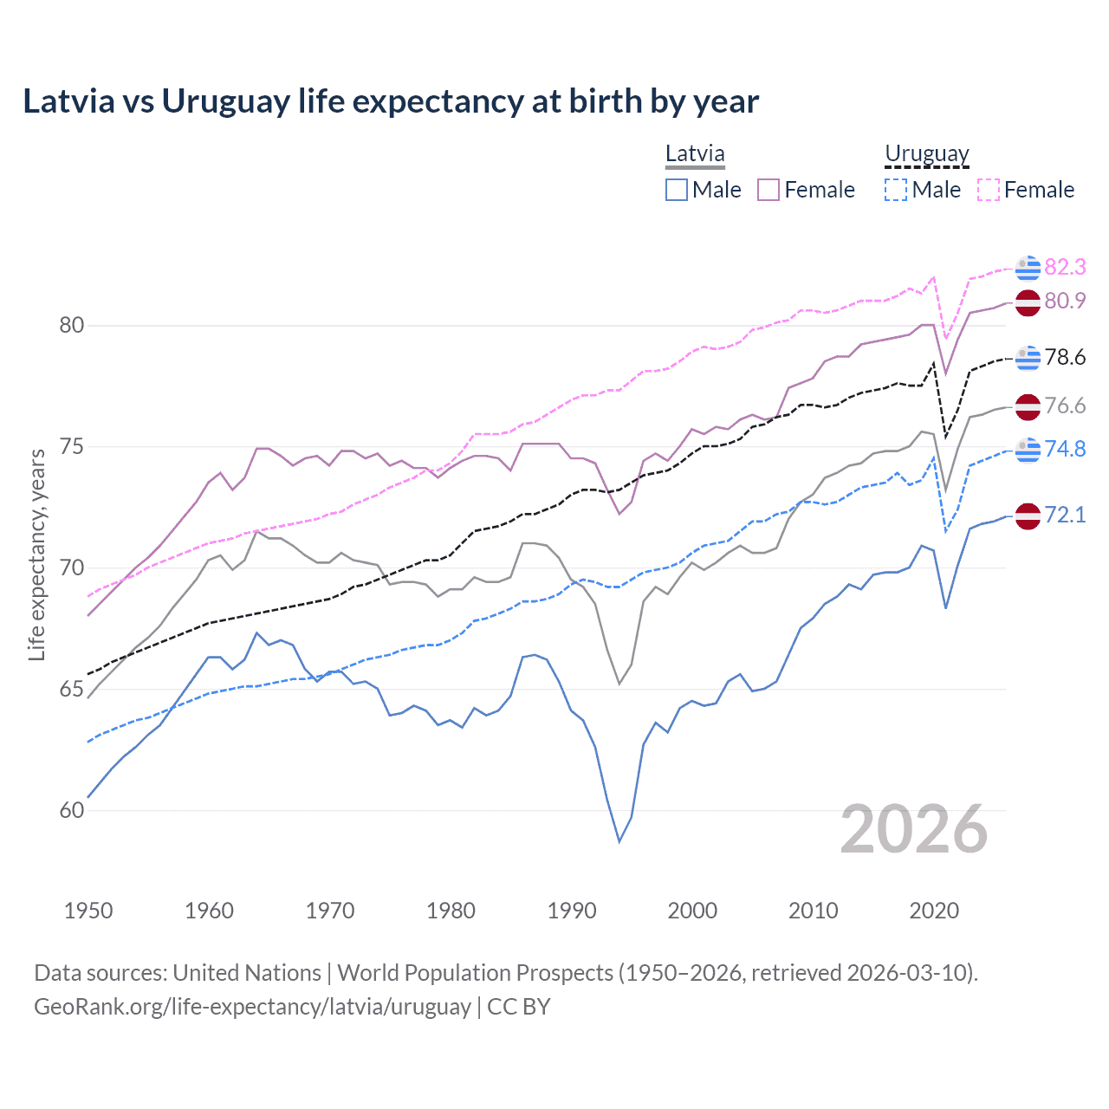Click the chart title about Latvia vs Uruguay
click(x=391, y=101)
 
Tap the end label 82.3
click(x=1065, y=267)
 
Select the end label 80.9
click(x=1065, y=301)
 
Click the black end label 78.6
click(x=1065, y=357)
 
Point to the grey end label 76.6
click(x=1065, y=405)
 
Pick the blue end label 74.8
click(x=1065, y=449)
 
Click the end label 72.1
click(x=1065, y=515)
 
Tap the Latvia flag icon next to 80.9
click(x=1028, y=302)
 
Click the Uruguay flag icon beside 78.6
click(x=1028, y=357)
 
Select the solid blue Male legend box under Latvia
click(x=677, y=190)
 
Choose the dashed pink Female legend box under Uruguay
click(x=989, y=190)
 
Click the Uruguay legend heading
click(x=926, y=154)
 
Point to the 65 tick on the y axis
click(x=72, y=690)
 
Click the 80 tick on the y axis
click(x=72, y=326)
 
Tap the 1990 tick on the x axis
click(x=572, y=911)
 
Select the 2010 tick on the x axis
click(x=813, y=911)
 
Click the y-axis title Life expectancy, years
click(x=37, y=554)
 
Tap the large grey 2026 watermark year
click(x=914, y=830)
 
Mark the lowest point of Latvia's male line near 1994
click(x=619, y=841)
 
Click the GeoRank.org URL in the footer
click(x=252, y=1007)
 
